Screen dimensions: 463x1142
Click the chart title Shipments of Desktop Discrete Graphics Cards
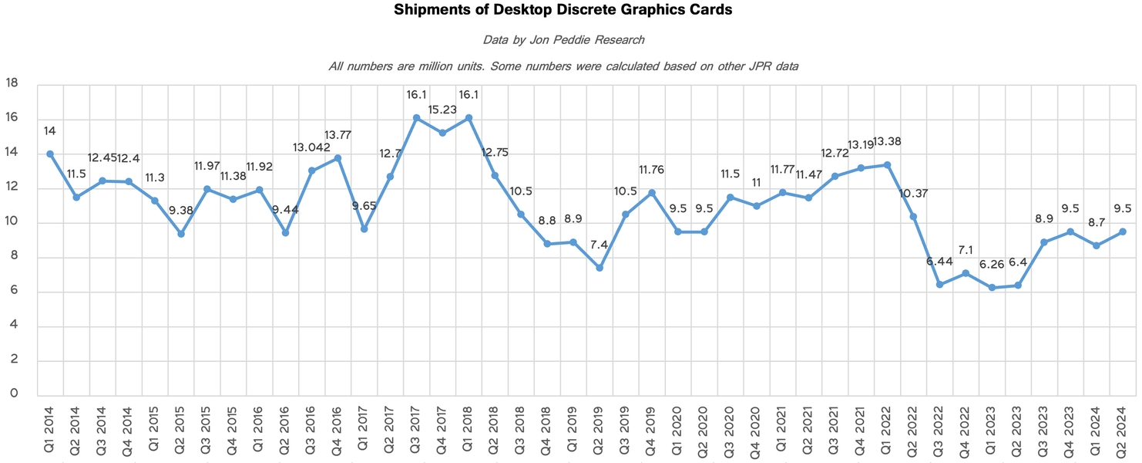coord(563,10)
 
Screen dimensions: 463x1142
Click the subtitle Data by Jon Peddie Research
coord(563,39)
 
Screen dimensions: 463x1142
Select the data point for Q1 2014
coord(50,154)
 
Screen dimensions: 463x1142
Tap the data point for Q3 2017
coord(416,118)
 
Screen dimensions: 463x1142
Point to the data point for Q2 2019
coord(600,268)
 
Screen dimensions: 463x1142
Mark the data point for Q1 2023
coord(992,288)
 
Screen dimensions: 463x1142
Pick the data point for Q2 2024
coord(1123,231)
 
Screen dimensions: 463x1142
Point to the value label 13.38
coord(886,141)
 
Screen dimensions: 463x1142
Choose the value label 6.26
coord(992,265)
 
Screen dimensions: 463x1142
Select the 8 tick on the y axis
coord(12,258)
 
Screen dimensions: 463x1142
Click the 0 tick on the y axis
coord(12,394)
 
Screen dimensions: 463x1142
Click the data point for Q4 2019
coord(652,192)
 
